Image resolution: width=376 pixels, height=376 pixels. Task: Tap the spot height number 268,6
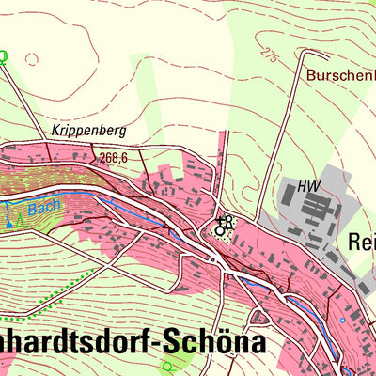[111, 159]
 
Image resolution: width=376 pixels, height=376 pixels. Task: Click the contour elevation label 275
[272, 55]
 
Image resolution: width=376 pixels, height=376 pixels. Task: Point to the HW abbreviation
[307, 186]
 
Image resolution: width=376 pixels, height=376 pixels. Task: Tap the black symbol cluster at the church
[224, 226]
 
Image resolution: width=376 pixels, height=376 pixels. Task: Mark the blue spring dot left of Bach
[8, 226]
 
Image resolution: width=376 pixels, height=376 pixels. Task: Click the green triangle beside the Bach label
[18, 220]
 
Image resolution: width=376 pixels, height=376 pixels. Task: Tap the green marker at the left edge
[3, 55]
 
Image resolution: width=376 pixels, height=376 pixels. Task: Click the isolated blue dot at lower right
[343, 321]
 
